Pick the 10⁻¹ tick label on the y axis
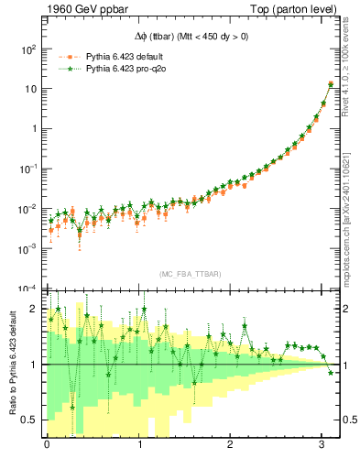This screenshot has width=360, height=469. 31,169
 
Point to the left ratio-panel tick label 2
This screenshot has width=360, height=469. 35,309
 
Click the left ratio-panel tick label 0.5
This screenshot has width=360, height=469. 31,420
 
